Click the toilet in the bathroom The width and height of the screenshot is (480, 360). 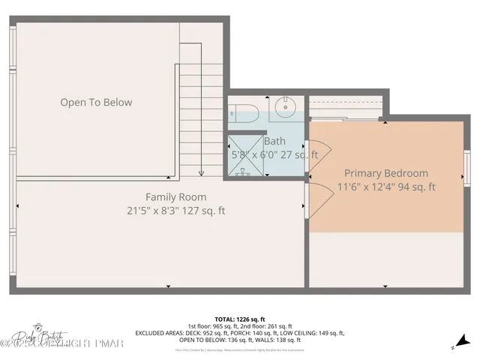click(x=244, y=112)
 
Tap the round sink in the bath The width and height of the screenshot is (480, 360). click(x=286, y=108)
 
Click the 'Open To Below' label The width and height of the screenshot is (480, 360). click(x=96, y=103)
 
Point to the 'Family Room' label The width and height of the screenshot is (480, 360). click(x=176, y=197)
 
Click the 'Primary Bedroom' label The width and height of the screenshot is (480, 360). click(x=386, y=173)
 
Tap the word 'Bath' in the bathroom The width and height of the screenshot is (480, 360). click(x=274, y=141)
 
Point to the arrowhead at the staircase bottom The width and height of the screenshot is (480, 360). click(x=202, y=173)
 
